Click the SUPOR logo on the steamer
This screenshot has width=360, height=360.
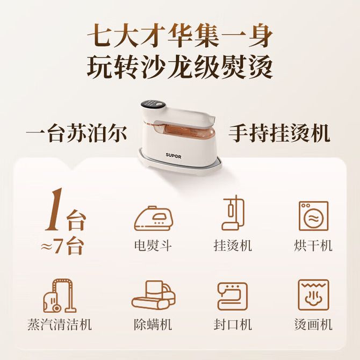174,156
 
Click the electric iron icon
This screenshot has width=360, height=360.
153,218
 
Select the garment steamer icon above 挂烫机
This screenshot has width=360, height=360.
233,212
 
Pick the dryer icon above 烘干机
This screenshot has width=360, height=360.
313,216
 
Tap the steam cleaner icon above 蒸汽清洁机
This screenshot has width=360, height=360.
60,296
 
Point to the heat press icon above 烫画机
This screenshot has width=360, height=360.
313,295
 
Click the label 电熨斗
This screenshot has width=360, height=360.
153,246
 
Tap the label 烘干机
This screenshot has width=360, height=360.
313,246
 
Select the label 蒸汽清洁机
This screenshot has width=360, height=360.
60,325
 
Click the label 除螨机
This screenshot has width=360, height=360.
153,325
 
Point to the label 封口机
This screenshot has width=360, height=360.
233,325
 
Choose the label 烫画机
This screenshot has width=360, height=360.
313,325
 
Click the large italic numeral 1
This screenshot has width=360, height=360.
54,210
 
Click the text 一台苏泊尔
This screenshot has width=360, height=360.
76,133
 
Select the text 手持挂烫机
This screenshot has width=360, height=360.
279,133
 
